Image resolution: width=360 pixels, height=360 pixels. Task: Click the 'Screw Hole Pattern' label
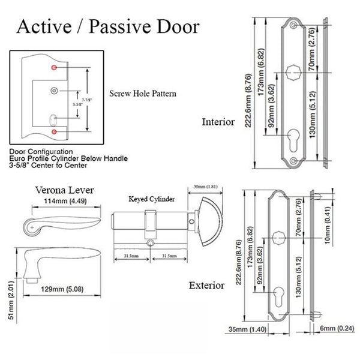click(143, 94)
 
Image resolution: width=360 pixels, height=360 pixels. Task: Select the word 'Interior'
click(218, 122)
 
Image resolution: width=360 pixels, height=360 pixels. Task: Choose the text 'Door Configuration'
click(42, 151)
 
